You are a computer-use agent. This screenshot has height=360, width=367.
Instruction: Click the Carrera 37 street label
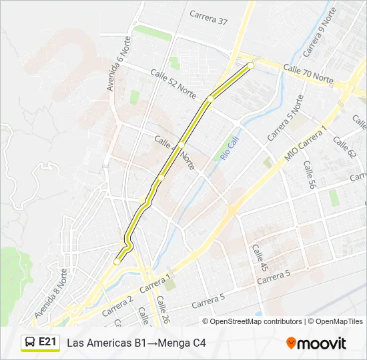(208, 17)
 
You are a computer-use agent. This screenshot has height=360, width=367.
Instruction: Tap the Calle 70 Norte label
(308, 73)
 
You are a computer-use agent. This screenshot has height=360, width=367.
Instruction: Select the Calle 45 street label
(260, 257)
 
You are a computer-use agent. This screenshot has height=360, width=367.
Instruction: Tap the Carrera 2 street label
(118, 305)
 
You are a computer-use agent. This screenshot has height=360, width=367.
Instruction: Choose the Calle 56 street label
(308, 175)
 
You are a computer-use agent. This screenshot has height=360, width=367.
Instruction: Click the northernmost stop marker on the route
(251, 65)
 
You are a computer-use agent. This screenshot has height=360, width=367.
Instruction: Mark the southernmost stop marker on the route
(117, 262)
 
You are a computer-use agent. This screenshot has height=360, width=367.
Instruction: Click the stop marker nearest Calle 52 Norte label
(210, 99)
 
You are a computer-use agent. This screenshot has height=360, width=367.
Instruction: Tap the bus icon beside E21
(30, 343)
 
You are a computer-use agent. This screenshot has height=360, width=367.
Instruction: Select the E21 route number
(47, 342)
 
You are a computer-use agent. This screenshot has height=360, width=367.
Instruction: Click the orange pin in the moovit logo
(291, 343)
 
